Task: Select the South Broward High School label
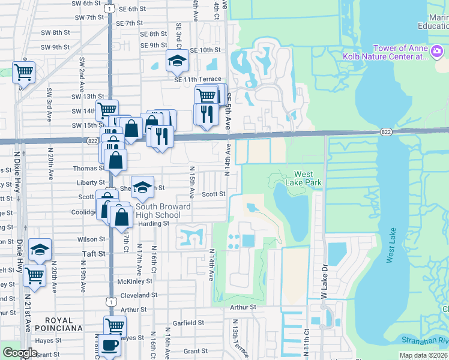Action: coord(159,211)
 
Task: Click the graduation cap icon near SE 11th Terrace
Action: coord(177,61)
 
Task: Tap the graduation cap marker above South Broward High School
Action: coord(143,187)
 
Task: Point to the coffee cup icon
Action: coord(110,346)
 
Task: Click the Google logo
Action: coord(20,353)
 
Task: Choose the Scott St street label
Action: coord(213,194)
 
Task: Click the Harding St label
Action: coord(154,224)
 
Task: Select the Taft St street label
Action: coord(93,254)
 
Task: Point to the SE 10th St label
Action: coord(206,50)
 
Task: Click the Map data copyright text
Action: coord(423,355)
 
